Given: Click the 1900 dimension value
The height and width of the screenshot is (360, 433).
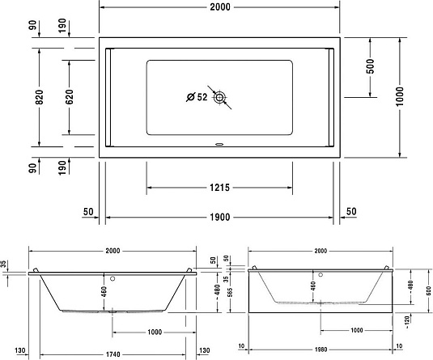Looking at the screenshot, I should [219, 216].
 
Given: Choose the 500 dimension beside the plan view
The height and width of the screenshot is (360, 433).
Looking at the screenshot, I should [369, 66].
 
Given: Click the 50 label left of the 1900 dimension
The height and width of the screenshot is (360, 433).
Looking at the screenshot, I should [88, 211].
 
